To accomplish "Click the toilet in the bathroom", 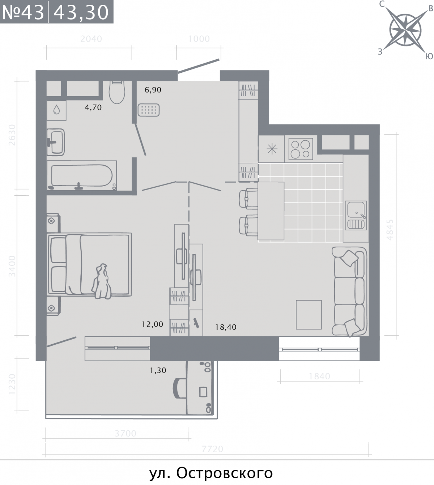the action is [x=117, y=92].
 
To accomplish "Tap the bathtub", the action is [x=82, y=175].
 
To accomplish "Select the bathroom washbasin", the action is [x=56, y=142].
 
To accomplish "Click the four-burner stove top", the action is [x=301, y=149].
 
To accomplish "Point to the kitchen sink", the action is [x=356, y=216].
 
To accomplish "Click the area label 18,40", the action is [x=226, y=327].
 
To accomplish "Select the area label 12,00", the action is [x=153, y=324].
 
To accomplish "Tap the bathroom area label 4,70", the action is [x=93, y=107].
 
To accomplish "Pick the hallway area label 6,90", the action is [x=153, y=90].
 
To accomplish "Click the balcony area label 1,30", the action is [x=158, y=370].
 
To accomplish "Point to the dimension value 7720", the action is [x=212, y=449].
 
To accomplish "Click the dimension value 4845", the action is [x=390, y=230].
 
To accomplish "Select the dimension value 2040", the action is [x=91, y=39].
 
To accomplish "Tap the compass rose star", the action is [x=405, y=30].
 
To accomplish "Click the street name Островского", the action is [x=225, y=473].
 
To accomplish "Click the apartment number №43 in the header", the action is [x=23, y=12].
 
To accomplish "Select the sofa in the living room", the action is [x=350, y=292].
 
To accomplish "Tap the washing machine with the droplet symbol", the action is [x=56, y=110].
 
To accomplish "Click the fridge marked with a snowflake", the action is [x=272, y=149].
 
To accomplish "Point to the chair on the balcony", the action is [x=179, y=388].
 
